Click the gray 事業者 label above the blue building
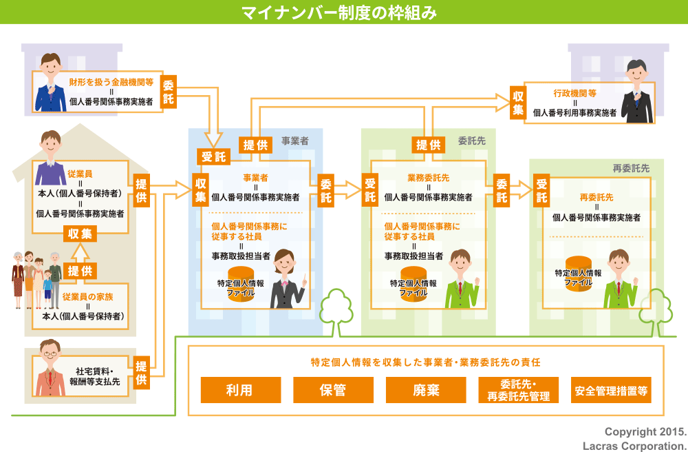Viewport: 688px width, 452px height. click(294, 141)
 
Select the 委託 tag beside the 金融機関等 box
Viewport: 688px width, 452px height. click(169, 92)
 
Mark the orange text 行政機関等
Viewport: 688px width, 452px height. click(574, 92)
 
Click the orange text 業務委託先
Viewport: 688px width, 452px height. click(428, 177)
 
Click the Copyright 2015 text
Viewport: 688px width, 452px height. click(645, 432)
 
